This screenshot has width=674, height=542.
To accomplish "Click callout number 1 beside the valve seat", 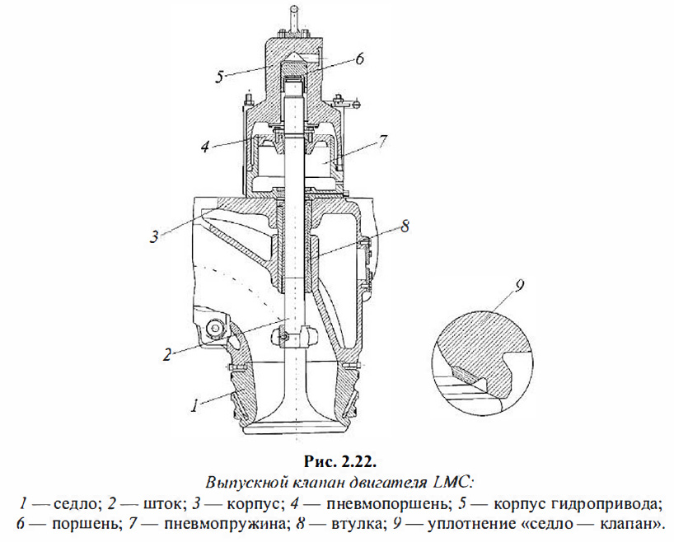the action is tap(195, 405).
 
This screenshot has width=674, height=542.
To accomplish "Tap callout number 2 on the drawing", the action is tap(166, 355).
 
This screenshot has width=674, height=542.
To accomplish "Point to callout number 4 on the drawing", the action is tap(205, 147).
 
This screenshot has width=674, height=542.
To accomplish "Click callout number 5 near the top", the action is tap(220, 77).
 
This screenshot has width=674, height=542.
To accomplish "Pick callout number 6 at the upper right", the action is tap(359, 58).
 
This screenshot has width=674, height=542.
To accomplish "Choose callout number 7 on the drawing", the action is tap(382, 142).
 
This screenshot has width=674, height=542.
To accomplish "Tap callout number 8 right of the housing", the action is tap(405, 226).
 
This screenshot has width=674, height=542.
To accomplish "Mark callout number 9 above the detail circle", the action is tap(520, 286).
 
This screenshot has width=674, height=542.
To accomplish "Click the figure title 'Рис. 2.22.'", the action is tap(340, 462).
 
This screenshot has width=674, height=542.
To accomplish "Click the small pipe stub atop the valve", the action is tap(293, 18).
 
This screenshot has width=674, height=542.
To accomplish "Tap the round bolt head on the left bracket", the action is tap(213, 329).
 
